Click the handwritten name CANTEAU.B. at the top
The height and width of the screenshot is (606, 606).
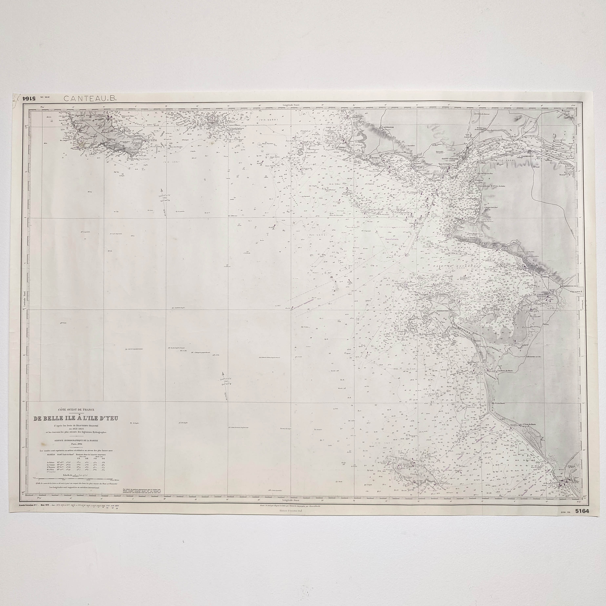(90, 98)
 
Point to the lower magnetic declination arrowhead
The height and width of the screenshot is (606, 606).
(223, 374)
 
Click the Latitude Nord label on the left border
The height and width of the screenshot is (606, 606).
(25, 297)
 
